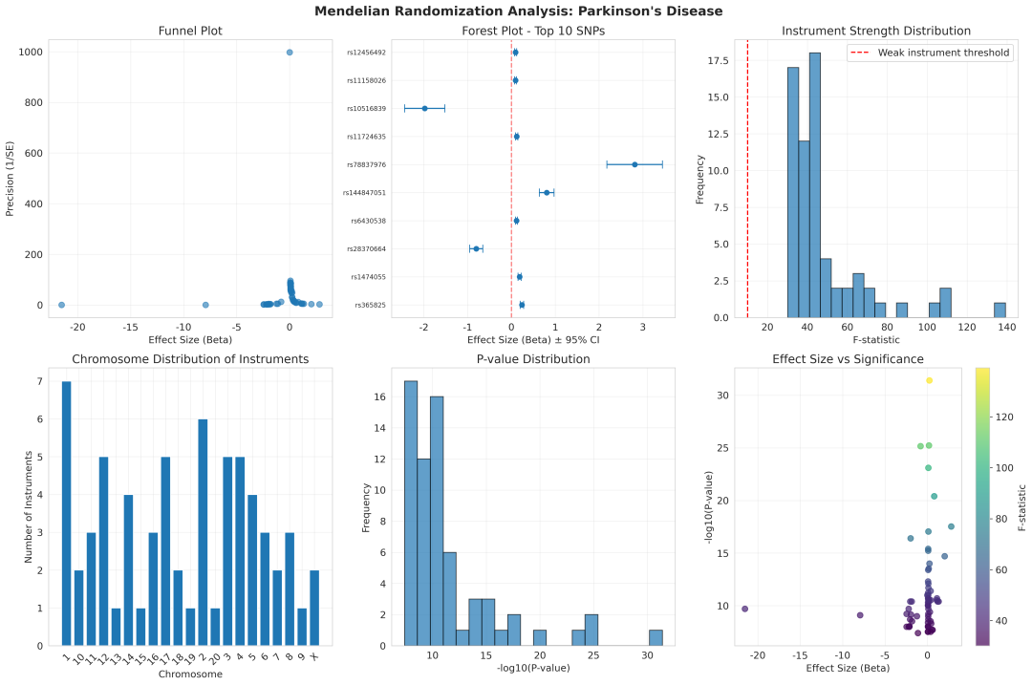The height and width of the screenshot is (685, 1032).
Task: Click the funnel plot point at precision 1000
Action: coord(290,52)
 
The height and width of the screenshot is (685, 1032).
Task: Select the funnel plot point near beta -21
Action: coord(61,305)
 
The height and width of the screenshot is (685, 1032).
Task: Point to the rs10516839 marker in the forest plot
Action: coord(424,108)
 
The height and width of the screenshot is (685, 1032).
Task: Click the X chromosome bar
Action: coord(314,608)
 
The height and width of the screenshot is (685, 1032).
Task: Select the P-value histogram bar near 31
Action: coord(656,637)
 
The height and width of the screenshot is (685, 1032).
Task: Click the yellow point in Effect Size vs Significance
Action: coord(929,380)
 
